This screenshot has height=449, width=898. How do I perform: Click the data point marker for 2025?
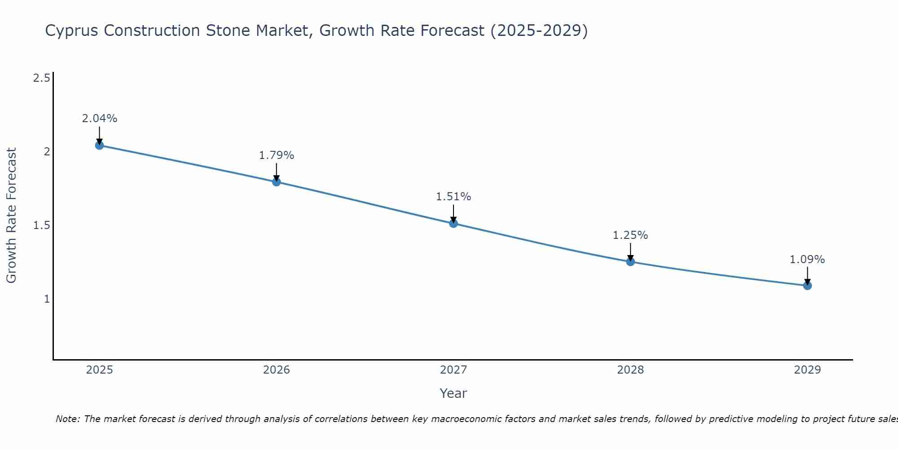tap(100, 145)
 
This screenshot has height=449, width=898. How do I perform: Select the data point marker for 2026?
tap(277, 182)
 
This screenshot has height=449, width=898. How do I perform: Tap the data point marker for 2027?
tap(453, 223)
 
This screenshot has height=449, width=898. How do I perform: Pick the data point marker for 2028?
tap(630, 262)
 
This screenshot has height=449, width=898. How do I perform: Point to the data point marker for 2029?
tap(807, 286)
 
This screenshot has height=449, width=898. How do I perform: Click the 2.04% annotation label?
tap(100, 119)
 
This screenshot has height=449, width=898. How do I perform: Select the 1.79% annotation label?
tap(277, 155)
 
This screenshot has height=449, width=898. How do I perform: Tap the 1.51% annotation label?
tap(453, 197)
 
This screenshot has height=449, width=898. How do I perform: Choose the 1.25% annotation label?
tap(630, 235)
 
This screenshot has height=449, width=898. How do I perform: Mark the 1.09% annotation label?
tap(807, 260)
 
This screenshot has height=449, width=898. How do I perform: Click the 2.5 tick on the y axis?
tap(41, 78)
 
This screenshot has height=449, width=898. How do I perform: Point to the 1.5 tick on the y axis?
tap(41, 225)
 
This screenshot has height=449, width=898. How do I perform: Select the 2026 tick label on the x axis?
tap(277, 370)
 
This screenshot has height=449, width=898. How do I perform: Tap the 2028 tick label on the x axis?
tap(630, 370)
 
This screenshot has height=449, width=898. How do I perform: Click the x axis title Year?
tap(453, 393)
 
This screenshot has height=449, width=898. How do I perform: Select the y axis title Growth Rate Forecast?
tap(12, 216)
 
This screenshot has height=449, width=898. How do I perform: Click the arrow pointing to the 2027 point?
tap(453, 213)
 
